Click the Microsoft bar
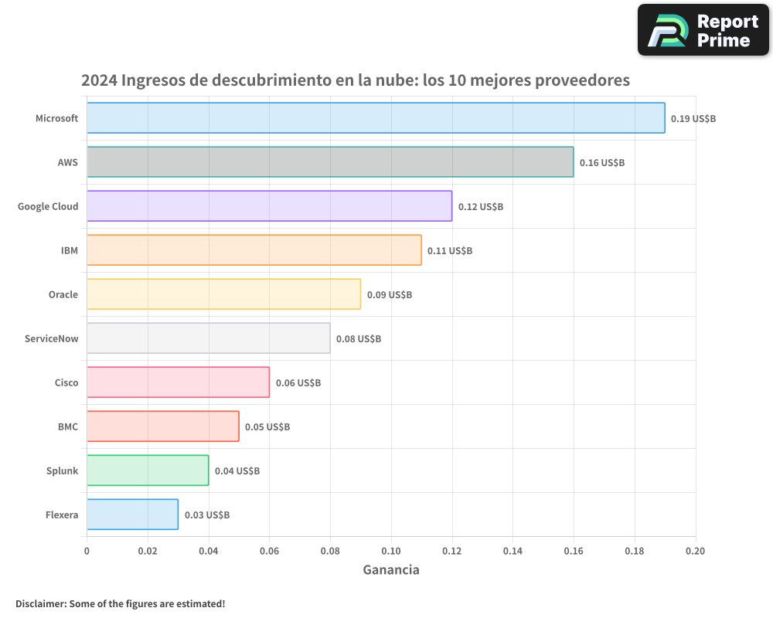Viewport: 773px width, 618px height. point(376,118)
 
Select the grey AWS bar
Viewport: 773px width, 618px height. point(330,162)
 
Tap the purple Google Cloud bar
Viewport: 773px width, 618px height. point(269,206)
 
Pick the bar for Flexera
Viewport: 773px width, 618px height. point(132,514)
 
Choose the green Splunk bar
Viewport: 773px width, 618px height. point(148,470)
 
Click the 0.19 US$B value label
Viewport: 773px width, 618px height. point(693,119)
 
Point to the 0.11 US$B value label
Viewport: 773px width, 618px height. point(450,251)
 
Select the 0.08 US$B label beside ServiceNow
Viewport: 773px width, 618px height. point(359,339)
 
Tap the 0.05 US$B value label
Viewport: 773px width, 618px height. point(267,427)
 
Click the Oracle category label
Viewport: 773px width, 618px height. point(63,294)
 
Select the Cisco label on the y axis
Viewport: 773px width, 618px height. point(66,382)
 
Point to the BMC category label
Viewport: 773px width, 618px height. point(67,426)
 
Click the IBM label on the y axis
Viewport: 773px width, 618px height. point(69,250)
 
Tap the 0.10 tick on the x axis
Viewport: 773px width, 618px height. point(391,551)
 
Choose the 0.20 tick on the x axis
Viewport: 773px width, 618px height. point(695,551)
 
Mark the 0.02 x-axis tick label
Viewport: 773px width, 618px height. point(148,551)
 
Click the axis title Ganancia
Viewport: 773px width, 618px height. point(391,570)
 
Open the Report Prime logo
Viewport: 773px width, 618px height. point(703,30)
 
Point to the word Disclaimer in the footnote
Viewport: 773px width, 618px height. point(40,604)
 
